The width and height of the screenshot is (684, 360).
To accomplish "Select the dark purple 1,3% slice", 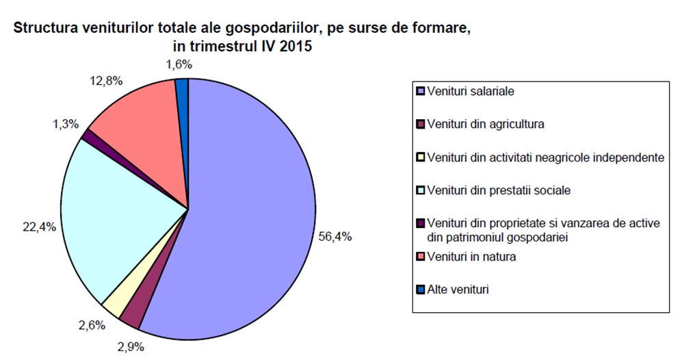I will tap(87, 136).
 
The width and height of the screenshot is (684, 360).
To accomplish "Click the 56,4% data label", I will tap(335, 236).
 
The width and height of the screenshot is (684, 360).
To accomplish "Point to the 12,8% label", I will tap(105, 81).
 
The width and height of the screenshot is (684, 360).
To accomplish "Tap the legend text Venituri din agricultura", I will tap(485, 125).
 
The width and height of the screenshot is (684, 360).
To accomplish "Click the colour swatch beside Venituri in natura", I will tap(420, 257).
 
